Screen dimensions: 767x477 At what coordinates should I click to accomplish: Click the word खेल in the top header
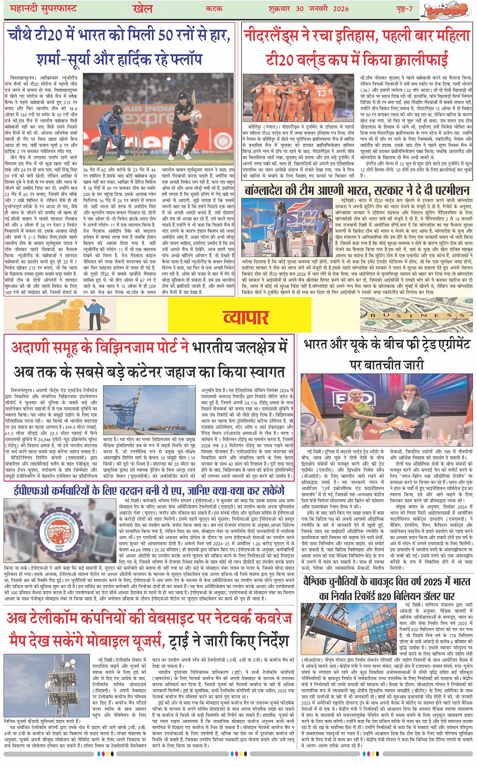click(142, 9)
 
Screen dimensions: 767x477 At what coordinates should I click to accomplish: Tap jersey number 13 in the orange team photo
click(322, 92)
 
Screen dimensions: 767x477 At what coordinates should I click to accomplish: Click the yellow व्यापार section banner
click(246, 317)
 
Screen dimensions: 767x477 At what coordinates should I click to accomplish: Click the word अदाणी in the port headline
click(31, 347)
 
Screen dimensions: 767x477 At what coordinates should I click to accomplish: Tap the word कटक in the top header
click(215, 9)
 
